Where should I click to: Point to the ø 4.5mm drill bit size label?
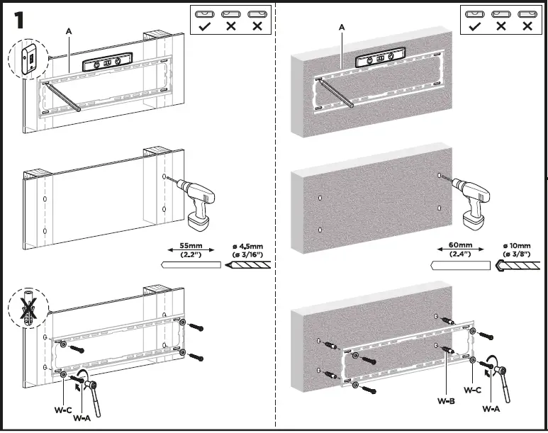pos(247,249)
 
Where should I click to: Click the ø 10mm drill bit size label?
pos(518,249)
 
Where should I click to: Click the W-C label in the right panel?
pos(473,390)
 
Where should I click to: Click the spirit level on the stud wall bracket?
pos(106,63)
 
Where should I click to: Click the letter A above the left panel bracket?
pos(68,31)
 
